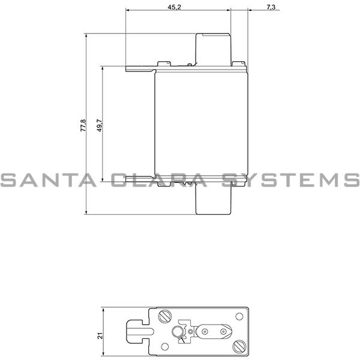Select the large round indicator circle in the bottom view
point(178,334)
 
